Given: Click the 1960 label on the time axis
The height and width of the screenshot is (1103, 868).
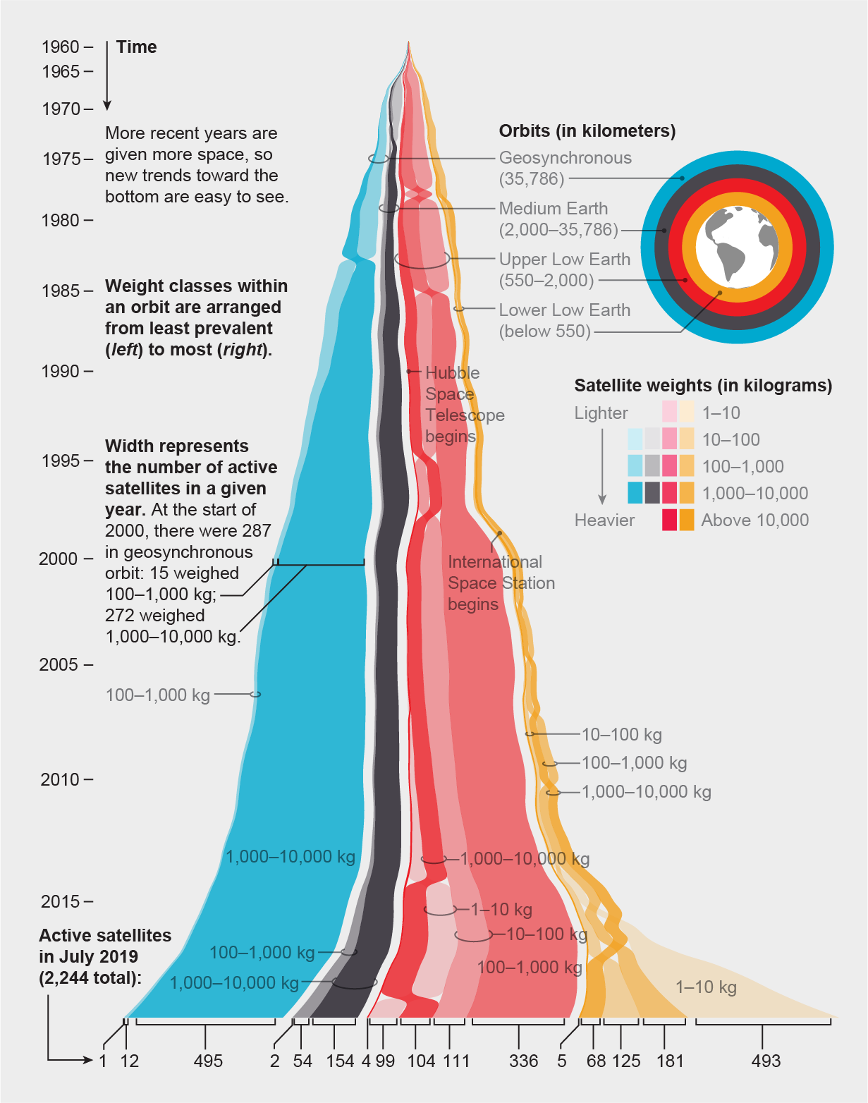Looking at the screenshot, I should point(61,47).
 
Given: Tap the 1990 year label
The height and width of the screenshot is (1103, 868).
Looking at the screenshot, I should point(61,371).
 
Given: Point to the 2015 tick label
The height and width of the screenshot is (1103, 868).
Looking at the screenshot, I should point(61,901).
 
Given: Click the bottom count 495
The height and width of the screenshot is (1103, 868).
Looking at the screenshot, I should point(208,1061).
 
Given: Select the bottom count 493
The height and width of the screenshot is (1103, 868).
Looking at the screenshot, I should point(766,1061).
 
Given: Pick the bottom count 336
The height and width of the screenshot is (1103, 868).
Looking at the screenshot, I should point(523,1061).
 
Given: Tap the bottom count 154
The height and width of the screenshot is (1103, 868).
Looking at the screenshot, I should point(340,1061).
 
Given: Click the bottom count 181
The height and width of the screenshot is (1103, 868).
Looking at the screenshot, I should point(670,1061).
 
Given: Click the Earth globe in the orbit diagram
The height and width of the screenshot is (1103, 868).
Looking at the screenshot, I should point(737,247).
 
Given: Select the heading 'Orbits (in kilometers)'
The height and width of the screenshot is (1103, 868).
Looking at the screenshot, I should point(587,131).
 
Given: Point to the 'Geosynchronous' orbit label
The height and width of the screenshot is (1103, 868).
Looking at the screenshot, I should point(566,158).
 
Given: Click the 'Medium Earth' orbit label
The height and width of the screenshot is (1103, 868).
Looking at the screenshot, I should point(554,209).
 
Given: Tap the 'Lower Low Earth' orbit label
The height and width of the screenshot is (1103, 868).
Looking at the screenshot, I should point(565,310).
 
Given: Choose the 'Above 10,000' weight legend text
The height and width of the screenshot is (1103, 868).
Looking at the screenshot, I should point(754,520).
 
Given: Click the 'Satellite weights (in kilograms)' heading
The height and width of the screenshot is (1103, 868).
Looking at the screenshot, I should point(703,386).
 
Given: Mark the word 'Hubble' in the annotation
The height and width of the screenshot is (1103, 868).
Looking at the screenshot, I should point(453,373).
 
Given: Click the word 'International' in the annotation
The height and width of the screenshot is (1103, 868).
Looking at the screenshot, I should point(495,562).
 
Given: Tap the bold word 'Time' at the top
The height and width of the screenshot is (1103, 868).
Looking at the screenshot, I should point(137,47).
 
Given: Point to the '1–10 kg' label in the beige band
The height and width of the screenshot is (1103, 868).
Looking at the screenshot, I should point(706,987).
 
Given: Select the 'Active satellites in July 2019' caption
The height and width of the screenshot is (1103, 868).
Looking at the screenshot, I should point(105,956).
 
